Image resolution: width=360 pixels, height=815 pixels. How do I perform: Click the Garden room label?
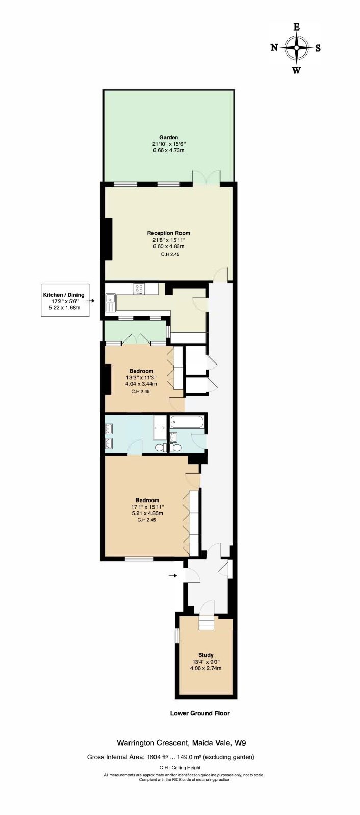coord(169,137)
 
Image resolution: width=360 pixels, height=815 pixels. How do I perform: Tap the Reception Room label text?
coord(169,233)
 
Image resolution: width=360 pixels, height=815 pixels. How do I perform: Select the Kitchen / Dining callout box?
coord(65,300)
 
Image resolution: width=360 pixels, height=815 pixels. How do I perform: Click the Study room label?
coord(205,655)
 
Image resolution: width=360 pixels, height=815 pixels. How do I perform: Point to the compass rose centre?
coord(297,48)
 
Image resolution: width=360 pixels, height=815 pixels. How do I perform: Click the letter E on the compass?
coord(297,27)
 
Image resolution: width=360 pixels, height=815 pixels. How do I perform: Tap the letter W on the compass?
coord(297,70)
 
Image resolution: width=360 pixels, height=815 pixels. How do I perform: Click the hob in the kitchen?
coord(139,288)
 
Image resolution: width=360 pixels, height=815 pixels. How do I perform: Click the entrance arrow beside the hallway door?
coord(173,575)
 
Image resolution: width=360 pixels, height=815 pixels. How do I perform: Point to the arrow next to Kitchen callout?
coord(92,301)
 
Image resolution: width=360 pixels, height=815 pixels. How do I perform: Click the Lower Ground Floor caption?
coord(200,713)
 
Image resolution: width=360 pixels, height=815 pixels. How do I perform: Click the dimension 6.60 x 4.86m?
coord(169,246)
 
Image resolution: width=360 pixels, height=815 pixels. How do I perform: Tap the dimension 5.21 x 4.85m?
coord(147,513)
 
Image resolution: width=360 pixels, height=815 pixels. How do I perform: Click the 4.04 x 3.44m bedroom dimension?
coord(141,384)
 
